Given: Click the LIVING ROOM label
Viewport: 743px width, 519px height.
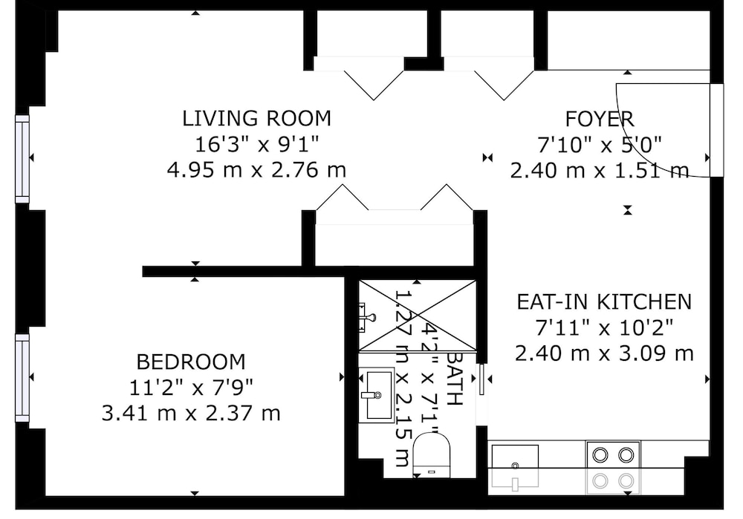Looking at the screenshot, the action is pyautogui.click(x=256, y=118).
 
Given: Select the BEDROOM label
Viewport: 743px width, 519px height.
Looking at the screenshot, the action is pyautogui.click(x=191, y=362).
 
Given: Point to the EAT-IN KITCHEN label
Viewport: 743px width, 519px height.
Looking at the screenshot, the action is pyautogui.click(x=604, y=301).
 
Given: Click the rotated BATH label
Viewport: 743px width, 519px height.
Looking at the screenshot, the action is pyautogui.click(x=454, y=379).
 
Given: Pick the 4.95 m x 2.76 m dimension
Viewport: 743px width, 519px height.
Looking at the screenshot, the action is pyautogui.click(x=256, y=169).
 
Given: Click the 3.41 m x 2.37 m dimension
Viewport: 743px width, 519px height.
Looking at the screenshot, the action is pyautogui.click(x=191, y=413).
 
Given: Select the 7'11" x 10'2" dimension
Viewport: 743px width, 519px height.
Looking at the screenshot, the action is pyautogui.click(x=604, y=327).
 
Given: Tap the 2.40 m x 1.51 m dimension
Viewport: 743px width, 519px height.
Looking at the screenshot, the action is pyautogui.click(x=599, y=170).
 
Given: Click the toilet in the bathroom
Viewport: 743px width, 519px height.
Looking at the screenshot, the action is pyautogui.click(x=431, y=454).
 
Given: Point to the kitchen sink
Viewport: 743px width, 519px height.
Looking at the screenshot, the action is pyautogui.click(x=515, y=466).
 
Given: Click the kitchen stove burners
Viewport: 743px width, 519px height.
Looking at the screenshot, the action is pyautogui.click(x=613, y=468).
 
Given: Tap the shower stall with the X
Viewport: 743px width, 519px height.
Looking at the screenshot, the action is pyautogui.click(x=418, y=316).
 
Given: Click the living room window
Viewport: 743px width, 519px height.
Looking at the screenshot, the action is pyautogui.click(x=22, y=159).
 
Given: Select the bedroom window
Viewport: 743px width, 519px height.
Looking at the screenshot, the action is pyautogui.click(x=22, y=377).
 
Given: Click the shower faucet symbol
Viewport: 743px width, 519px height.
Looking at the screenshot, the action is pyautogui.click(x=368, y=318).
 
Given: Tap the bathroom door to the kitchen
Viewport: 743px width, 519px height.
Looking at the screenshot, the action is pyautogui.click(x=481, y=379).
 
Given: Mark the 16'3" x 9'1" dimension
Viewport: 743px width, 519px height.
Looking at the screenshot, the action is pyautogui.click(x=256, y=144).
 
